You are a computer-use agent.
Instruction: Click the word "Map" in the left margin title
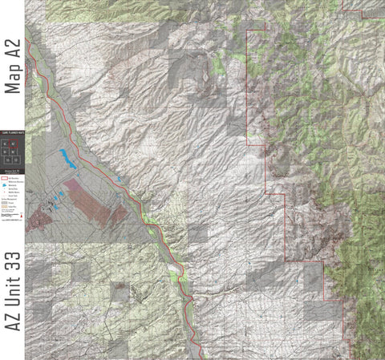tap(12, 76)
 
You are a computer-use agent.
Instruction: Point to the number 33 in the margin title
tap(12, 265)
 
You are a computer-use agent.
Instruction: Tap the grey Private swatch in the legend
tap(4, 204)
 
